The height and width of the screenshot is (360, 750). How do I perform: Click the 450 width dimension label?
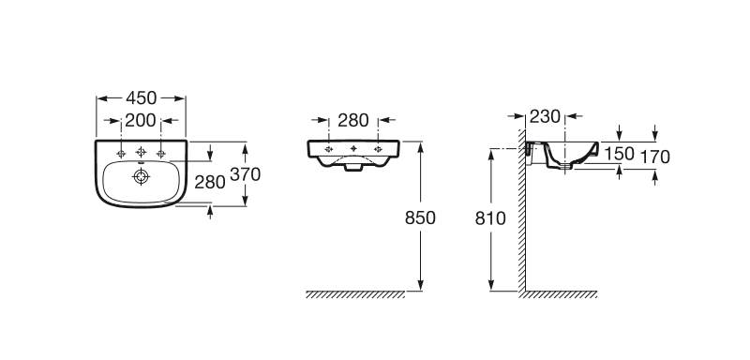click(142, 98)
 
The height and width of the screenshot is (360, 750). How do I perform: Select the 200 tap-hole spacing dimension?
click(141, 121)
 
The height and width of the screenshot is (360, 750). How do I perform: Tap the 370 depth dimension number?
click(245, 174)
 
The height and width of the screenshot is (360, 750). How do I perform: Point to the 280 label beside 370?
click(209, 182)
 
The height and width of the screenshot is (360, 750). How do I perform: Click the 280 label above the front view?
click(353, 121)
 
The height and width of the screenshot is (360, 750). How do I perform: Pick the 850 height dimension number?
click(420, 218)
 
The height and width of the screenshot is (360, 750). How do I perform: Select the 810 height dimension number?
click(490, 218)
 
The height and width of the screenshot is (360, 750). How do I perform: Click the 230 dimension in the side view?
click(545, 116)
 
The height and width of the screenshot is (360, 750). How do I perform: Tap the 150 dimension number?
click(619, 154)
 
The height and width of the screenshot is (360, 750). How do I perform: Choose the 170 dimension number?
click(655, 157)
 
